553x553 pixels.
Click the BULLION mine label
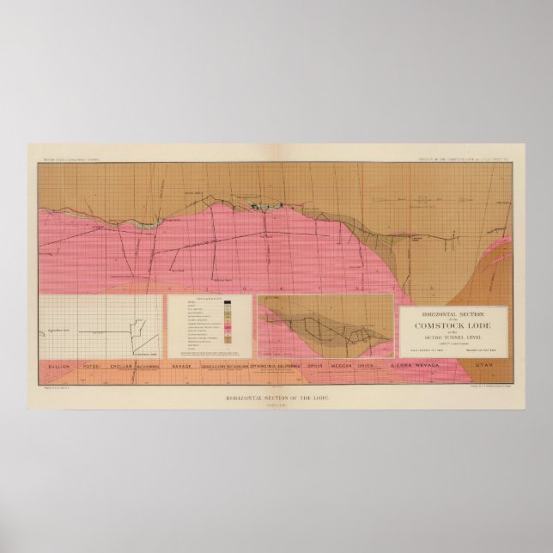coord(58,367)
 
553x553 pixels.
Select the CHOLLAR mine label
coord(123,367)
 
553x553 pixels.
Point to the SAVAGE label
coord(181,367)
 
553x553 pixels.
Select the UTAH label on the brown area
coord(485,367)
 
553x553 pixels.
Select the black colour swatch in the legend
coord(227,302)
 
